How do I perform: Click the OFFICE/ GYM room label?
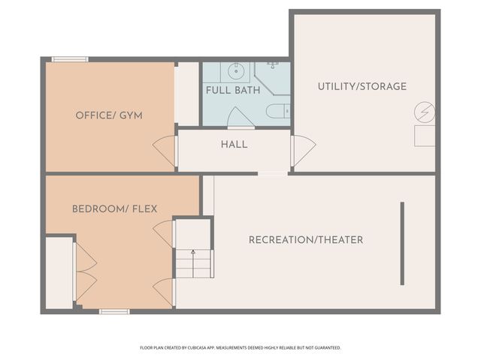pos(109,115)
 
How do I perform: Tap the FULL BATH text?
pos(233,90)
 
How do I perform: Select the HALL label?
pos(234,144)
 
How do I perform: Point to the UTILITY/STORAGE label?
pos(362,86)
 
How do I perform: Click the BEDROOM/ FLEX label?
pos(114,208)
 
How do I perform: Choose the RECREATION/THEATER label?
pos(306,240)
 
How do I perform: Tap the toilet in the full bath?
pos(278,112)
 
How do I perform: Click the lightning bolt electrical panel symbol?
pos(424,113)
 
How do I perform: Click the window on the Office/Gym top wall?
pos(70,59)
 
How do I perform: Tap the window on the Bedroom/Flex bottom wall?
pos(114,310)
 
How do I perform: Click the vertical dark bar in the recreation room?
pos(402,244)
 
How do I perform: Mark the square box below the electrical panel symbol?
pos(425,136)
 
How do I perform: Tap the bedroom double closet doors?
pos(84,271)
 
